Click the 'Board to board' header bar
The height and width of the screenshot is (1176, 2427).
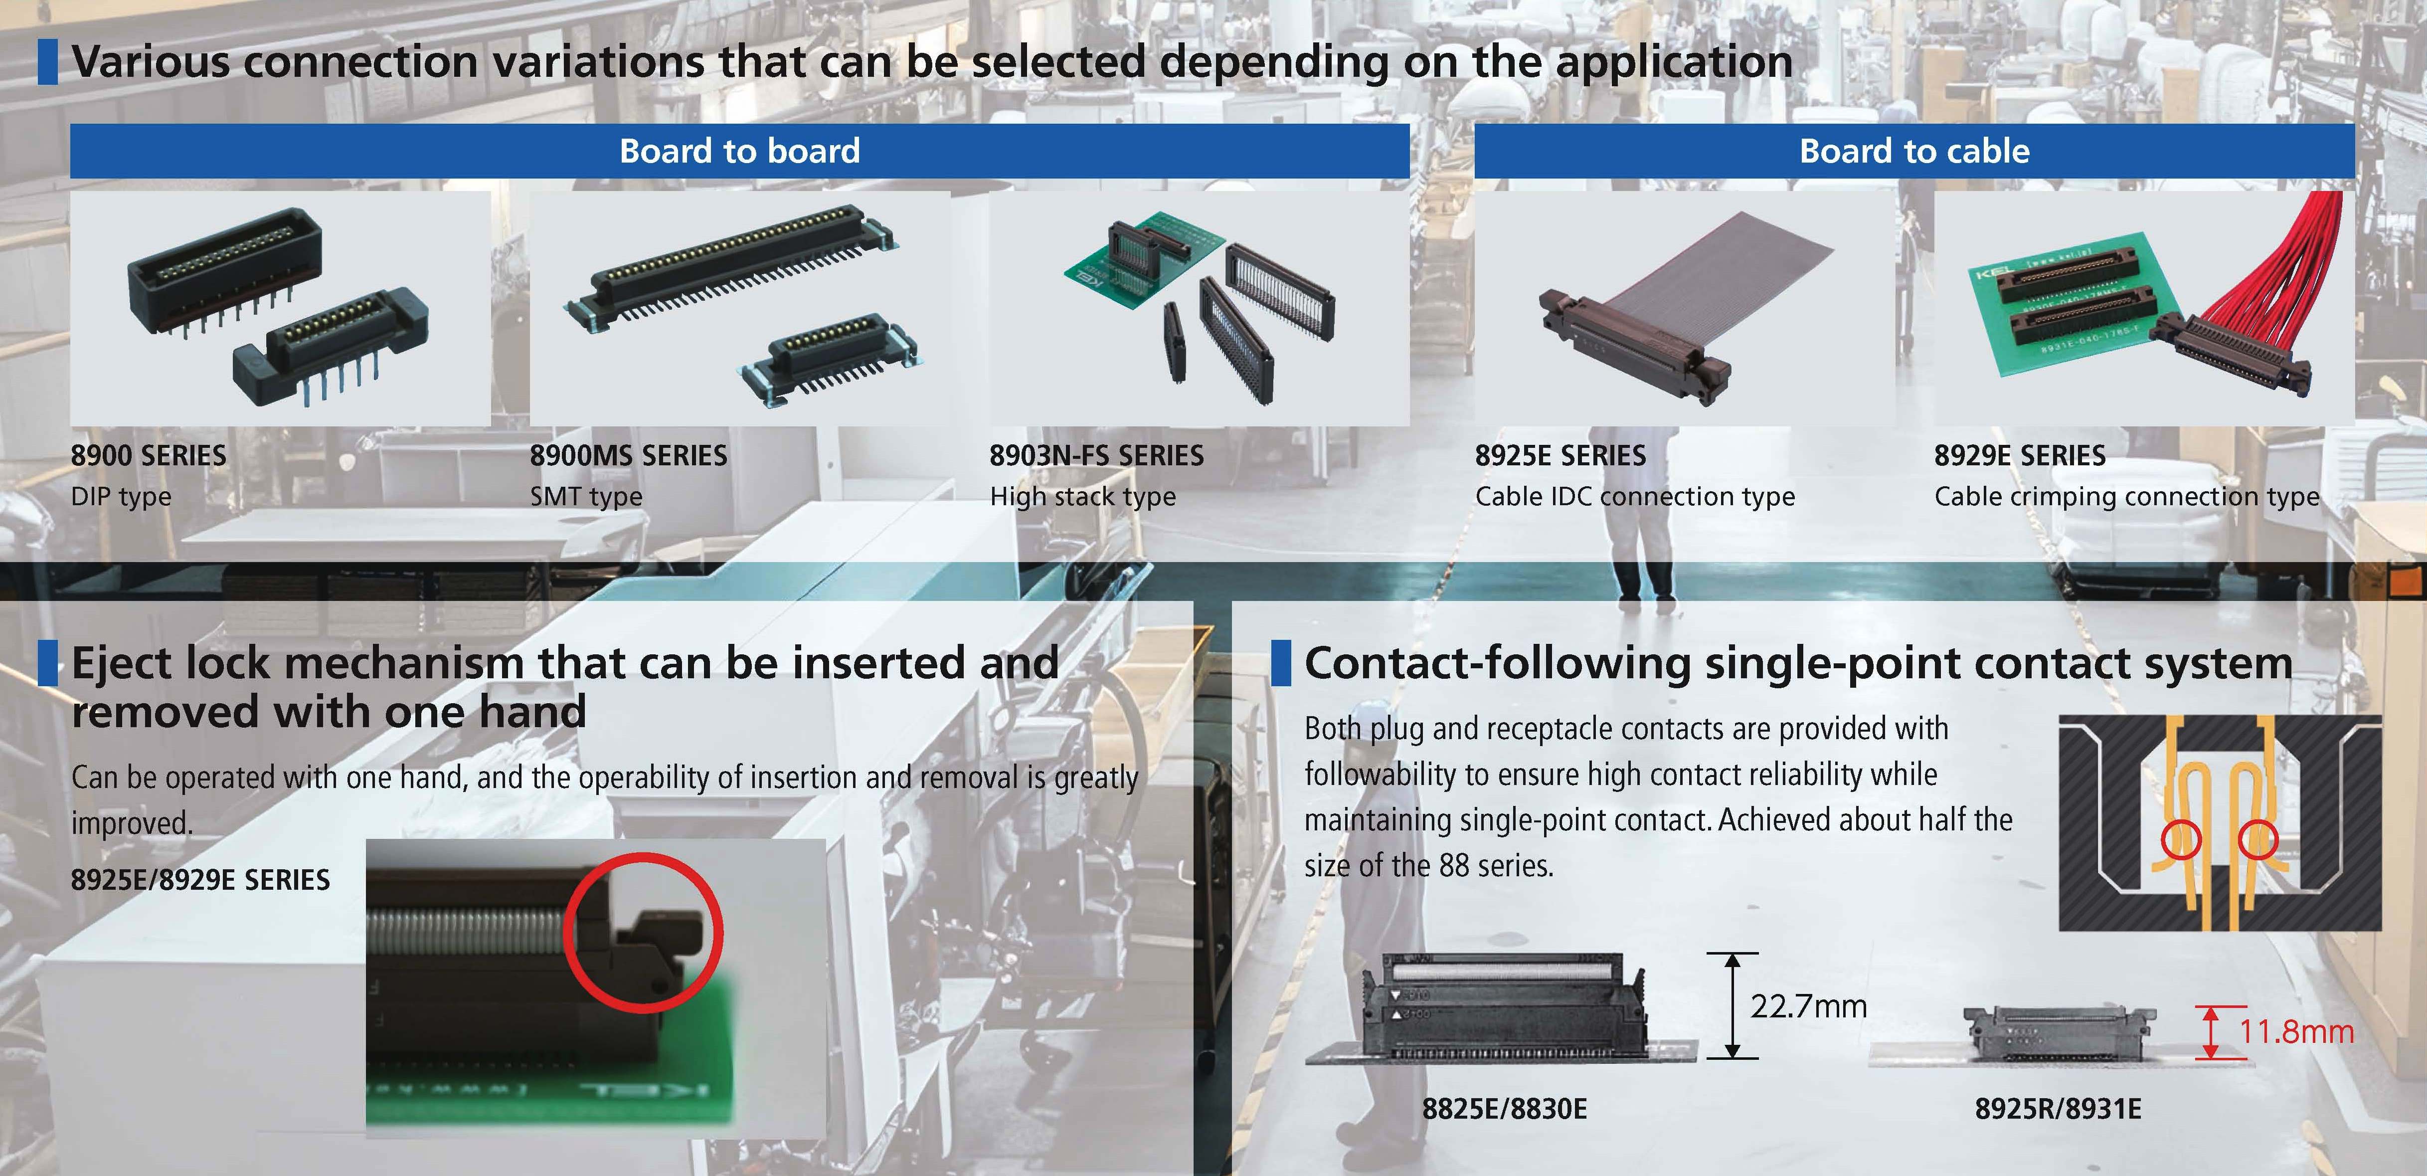point(739,151)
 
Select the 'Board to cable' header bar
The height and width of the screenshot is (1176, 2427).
point(1914,151)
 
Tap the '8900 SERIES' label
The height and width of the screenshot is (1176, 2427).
point(149,456)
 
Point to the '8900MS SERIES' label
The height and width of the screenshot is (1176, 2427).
point(628,456)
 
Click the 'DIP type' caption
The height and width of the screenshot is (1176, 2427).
point(122,497)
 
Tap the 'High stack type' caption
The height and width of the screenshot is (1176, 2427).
point(1082,497)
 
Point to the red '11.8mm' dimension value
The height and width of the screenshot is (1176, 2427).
point(2296,1032)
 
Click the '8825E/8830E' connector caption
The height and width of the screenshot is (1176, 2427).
point(1505,1109)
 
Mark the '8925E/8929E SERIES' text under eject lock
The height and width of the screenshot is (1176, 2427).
point(201,880)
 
